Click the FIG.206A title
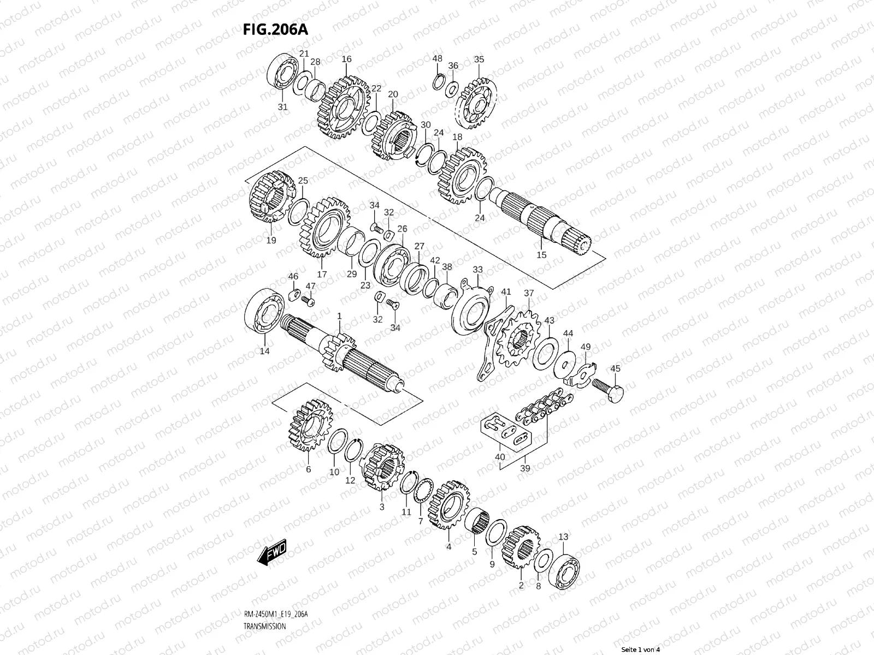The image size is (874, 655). click(275, 29)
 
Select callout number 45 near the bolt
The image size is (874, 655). click(615, 369)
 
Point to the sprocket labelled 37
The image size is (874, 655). click(520, 339)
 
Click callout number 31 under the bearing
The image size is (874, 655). click(282, 107)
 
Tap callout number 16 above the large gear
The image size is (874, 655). click(347, 59)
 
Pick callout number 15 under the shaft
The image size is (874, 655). click(541, 255)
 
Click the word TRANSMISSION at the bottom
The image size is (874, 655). click(264, 627)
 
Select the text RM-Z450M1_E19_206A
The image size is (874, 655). click(276, 615)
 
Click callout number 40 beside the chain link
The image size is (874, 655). click(500, 457)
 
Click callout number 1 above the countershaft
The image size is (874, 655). click(339, 316)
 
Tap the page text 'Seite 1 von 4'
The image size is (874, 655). click(641, 650)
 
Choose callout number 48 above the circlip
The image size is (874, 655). click(438, 58)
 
